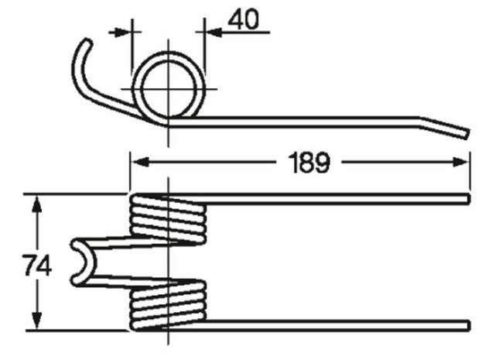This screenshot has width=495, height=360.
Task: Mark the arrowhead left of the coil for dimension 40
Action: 124,33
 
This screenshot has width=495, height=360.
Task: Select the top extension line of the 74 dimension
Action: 77,194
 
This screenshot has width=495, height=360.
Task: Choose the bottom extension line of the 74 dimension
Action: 77,330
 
